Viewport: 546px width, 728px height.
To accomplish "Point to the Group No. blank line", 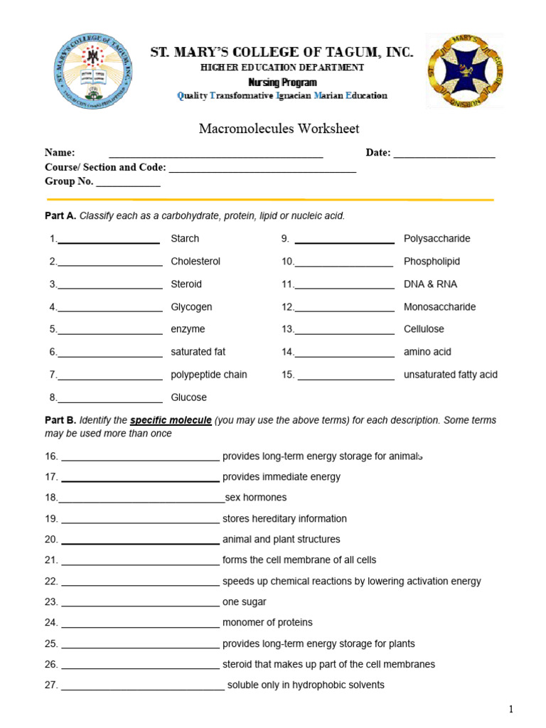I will point(128,184).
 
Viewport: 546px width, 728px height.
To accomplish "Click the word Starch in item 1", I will point(185,239).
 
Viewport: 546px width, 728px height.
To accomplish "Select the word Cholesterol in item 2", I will point(196,262).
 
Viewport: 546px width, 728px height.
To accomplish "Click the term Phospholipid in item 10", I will point(432,262).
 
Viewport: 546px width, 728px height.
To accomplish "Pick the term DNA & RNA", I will point(430,284).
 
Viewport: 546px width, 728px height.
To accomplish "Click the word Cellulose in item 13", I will point(424,329).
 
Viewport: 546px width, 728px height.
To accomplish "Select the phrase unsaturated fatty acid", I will point(450,375).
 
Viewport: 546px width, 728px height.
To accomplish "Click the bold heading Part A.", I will point(60,216).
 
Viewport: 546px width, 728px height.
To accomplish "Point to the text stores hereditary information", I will point(284,519).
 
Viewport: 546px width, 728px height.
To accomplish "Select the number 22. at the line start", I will point(51,582).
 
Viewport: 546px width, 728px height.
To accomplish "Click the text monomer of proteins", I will point(267,623).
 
